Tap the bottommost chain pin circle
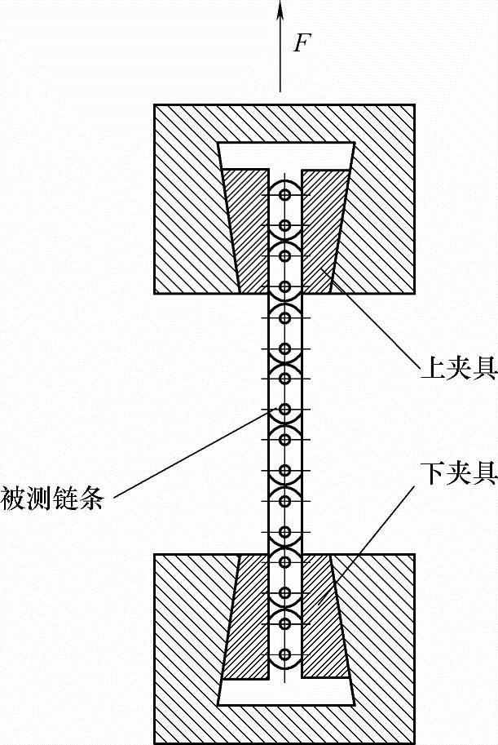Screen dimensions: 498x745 click(x=284, y=654)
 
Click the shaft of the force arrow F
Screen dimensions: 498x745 click(x=280, y=57)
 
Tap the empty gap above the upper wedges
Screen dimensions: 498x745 click(x=285, y=155)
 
